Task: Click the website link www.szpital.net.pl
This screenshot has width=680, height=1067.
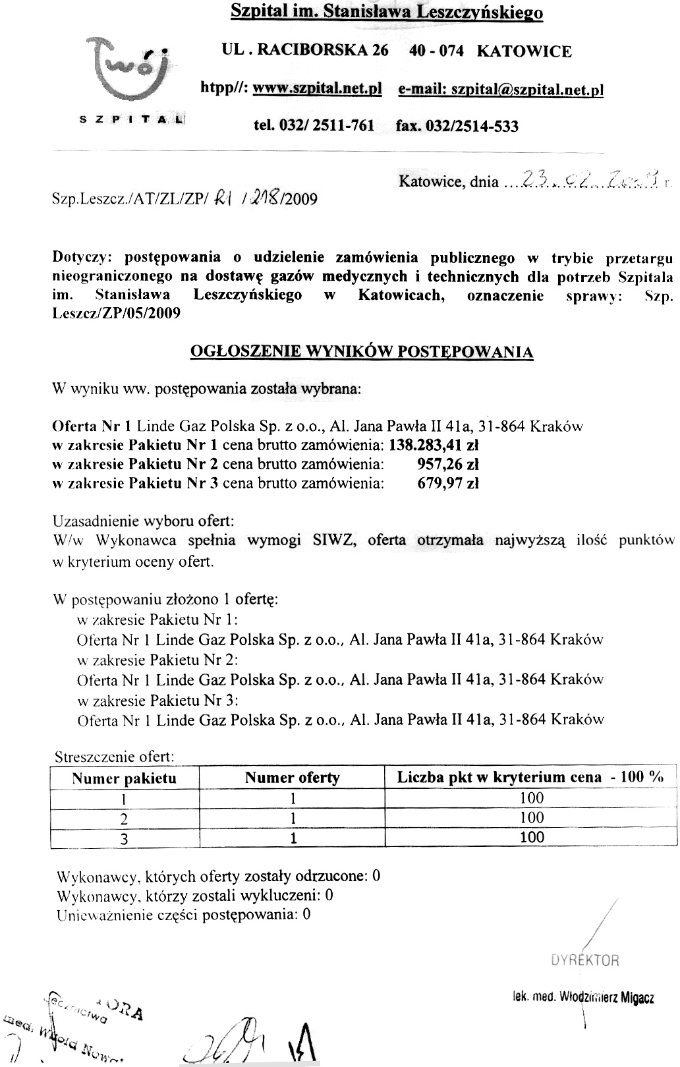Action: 318,90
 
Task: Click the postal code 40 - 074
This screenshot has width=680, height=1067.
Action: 436,51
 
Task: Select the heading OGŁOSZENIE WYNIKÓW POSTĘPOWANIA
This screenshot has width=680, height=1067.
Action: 361,352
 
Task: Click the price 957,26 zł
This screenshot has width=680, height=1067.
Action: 448,464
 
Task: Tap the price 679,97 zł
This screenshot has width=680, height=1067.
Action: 448,483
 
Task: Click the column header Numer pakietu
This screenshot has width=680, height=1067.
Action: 124,778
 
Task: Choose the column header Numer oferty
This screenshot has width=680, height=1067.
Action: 292,778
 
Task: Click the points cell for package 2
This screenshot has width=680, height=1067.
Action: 531,818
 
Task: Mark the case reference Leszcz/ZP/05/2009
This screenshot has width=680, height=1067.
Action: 116,313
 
